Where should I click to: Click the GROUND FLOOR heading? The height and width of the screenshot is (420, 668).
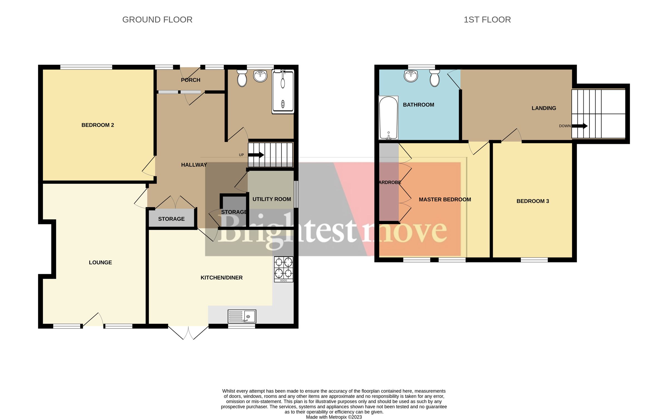click(x=157, y=20)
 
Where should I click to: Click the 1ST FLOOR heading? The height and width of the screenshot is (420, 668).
click(x=487, y=20)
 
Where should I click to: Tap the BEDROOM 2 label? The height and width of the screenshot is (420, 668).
click(x=98, y=125)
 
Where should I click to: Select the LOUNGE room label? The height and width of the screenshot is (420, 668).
click(x=100, y=262)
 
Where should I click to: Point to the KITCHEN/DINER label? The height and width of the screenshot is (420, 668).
click(x=222, y=277)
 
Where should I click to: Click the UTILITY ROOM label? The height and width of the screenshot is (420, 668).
click(x=272, y=199)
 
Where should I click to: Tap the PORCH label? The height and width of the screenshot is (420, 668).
click(x=191, y=80)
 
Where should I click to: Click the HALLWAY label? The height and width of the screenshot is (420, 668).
click(x=194, y=165)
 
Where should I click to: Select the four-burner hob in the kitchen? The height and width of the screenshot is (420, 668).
click(x=284, y=269)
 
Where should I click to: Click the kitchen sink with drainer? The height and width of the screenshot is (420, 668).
click(x=242, y=316)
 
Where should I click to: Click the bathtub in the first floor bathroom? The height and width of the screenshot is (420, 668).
click(x=388, y=118)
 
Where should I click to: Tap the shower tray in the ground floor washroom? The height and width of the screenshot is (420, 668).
click(x=283, y=92)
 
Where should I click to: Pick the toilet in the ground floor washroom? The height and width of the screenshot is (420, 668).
click(x=242, y=78)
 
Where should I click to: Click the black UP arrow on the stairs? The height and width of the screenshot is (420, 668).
click(x=256, y=155)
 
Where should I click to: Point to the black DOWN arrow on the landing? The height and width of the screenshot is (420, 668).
click(x=579, y=126)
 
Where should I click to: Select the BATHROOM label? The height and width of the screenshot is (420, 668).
click(x=418, y=105)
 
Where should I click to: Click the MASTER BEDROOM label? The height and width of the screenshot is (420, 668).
click(x=445, y=200)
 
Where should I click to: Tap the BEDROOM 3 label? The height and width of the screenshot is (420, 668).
click(x=532, y=201)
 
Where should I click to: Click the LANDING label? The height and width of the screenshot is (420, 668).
click(x=544, y=108)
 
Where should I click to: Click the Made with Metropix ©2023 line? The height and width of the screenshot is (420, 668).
click(x=334, y=417)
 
